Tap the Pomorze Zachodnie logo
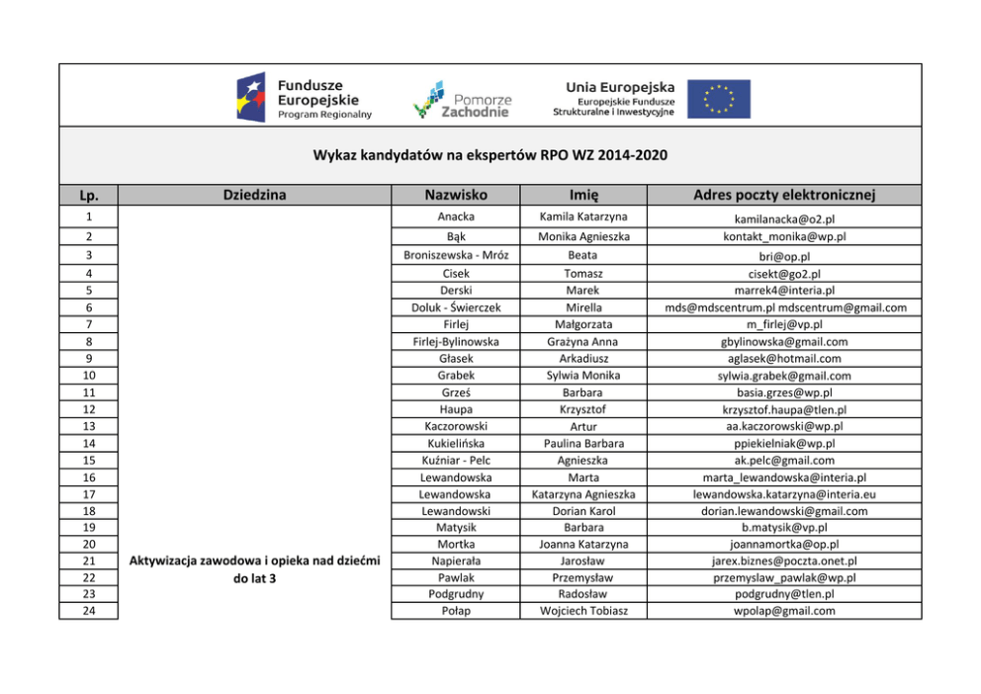click(x=462, y=99)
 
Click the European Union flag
click(x=719, y=99)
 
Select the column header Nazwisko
click(x=455, y=195)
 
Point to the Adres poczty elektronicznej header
click(x=784, y=195)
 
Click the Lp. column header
click(x=88, y=196)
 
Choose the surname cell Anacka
click(x=455, y=217)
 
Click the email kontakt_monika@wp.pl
click(x=784, y=236)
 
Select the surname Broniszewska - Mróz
click(x=455, y=255)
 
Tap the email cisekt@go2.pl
click(x=784, y=274)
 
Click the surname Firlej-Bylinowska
click(x=455, y=341)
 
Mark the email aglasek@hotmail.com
click(x=784, y=358)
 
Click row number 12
click(x=88, y=408)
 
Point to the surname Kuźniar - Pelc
click(x=455, y=460)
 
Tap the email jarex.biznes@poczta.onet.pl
click(x=784, y=561)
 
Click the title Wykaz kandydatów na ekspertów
click(x=490, y=155)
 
